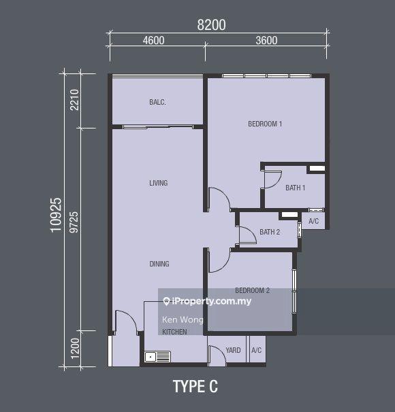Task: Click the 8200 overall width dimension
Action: click(x=211, y=25)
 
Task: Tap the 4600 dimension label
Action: click(x=154, y=41)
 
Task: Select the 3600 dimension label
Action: click(x=266, y=41)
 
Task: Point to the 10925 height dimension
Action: click(x=56, y=215)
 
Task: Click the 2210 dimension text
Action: click(x=75, y=100)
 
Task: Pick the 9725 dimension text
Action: click(x=74, y=222)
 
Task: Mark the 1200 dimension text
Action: click(x=75, y=348)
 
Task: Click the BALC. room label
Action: click(x=157, y=102)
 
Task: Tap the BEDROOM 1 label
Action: click(x=265, y=124)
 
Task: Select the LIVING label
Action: click(x=159, y=183)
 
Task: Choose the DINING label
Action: click(x=159, y=264)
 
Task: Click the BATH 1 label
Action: click(x=296, y=188)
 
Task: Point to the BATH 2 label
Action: click(x=270, y=232)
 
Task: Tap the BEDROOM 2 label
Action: click(x=253, y=290)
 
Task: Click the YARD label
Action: click(x=233, y=350)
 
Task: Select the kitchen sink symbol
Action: click(x=157, y=357)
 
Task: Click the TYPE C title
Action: click(x=195, y=387)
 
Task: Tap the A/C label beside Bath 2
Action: click(x=313, y=221)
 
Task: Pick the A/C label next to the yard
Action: click(x=256, y=350)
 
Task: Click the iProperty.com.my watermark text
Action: click(x=207, y=301)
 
